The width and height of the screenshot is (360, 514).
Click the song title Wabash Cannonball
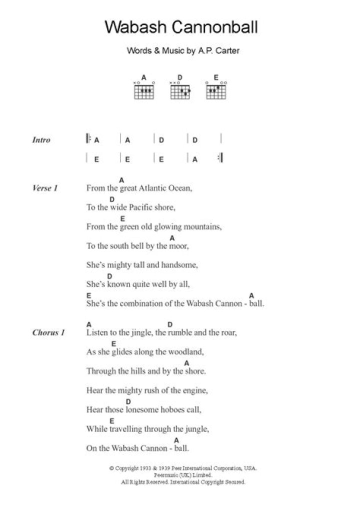coord(181,27)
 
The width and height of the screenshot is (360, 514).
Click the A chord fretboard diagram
coord(144,90)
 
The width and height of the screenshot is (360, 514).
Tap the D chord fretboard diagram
coord(180,90)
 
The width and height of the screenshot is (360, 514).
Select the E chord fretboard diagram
coord(216,90)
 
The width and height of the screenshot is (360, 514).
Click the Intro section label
coord(41,140)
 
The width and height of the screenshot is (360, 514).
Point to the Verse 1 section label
coord(45,188)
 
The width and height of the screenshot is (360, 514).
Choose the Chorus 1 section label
coord(48,332)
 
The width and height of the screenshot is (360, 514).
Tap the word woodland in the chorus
coord(186,351)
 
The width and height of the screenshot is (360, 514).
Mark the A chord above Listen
coord(88,324)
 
